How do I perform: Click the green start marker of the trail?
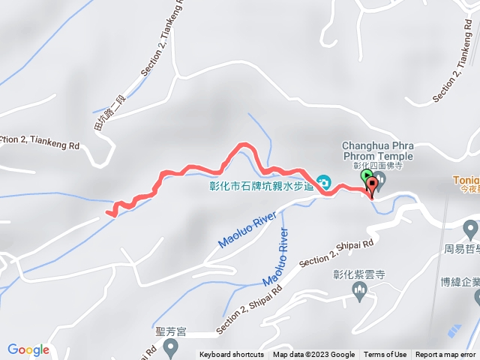(x=367, y=177)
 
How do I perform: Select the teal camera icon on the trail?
(x=324, y=181)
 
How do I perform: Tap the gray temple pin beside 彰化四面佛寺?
(x=379, y=178)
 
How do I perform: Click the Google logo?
(x=28, y=349)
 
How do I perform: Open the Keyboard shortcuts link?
(x=232, y=355)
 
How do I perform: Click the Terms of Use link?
(x=385, y=355)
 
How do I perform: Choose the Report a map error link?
(x=446, y=355)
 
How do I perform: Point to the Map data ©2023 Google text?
(x=313, y=355)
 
